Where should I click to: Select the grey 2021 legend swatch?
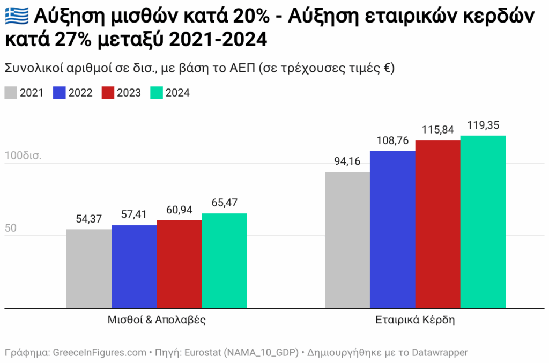[x=11, y=93]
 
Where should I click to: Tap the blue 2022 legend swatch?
[x=60, y=93]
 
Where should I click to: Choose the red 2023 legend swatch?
[x=108, y=93]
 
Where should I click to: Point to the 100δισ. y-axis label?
[x=23, y=156]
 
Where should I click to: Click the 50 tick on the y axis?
[x=11, y=228]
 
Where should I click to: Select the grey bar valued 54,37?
[x=88, y=269]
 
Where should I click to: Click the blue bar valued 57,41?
[x=134, y=267]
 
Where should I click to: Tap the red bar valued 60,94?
[x=179, y=264]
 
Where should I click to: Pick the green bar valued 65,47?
[x=225, y=261]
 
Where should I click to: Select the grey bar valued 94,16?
[x=347, y=240]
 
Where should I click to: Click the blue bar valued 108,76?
[x=392, y=229]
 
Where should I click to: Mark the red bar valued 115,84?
[x=438, y=224]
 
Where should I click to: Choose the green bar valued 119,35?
[x=483, y=222]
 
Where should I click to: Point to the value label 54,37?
[x=88, y=219]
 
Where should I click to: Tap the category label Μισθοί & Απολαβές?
[x=157, y=321]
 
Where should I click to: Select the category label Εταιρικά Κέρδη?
[x=415, y=321]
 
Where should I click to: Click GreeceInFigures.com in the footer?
[x=99, y=353]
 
